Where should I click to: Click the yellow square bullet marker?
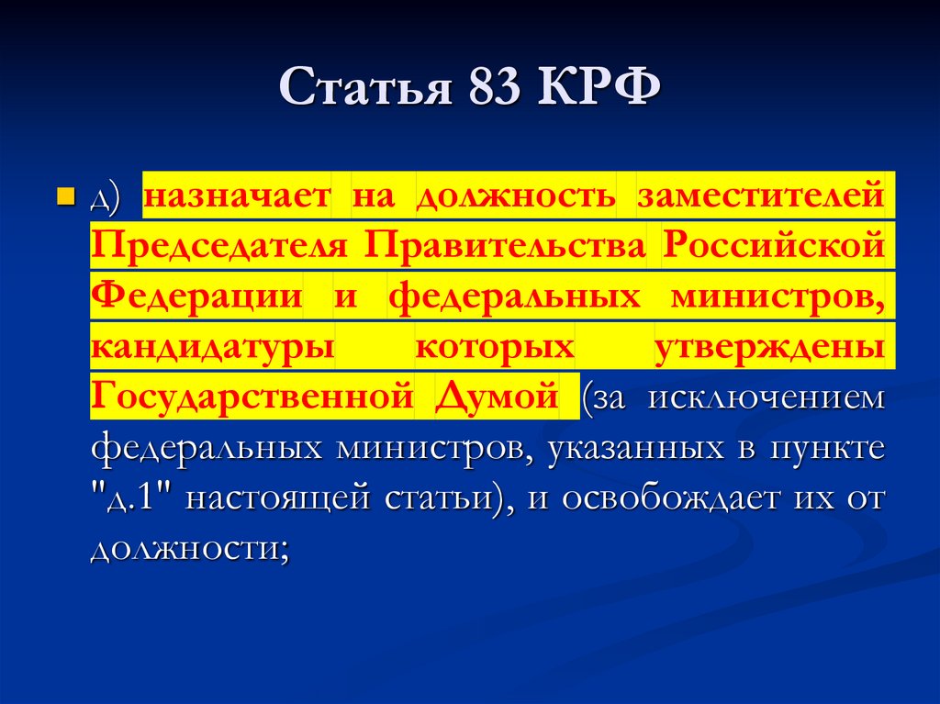pyautogui.click(x=65, y=196)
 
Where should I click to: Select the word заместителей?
pyautogui.click(x=761, y=196)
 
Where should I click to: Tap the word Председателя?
pyautogui.click(x=219, y=247)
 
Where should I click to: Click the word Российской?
pyautogui.click(x=774, y=247)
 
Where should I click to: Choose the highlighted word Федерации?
pyautogui.click(x=196, y=296)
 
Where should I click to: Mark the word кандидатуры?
pyautogui.click(x=212, y=349)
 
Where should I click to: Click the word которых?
pyautogui.click(x=495, y=348)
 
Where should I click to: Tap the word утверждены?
pyautogui.click(x=770, y=348)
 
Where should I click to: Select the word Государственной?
pyautogui.click(x=251, y=397)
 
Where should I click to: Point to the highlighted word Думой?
pyautogui.click(x=497, y=397)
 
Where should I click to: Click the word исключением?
pyautogui.click(x=767, y=398)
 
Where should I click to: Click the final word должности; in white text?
pyautogui.click(x=190, y=549)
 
